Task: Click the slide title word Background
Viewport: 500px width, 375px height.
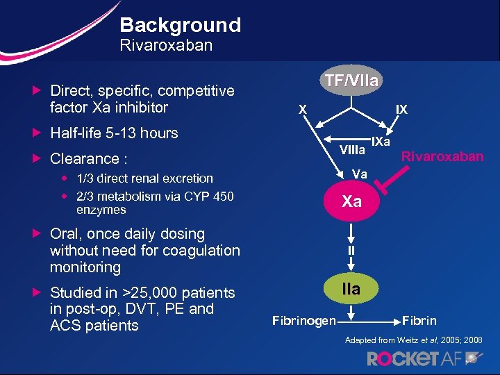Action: (x=180, y=26)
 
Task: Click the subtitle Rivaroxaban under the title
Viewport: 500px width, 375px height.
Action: (x=166, y=46)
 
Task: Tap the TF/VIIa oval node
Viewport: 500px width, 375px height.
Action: (x=352, y=81)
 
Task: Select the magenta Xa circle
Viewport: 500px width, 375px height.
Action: (x=351, y=201)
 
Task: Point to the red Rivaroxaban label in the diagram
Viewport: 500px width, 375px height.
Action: (x=443, y=156)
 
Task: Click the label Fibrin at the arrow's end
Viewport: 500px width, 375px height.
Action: (x=419, y=321)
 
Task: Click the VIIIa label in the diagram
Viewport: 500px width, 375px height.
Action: (x=352, y=150)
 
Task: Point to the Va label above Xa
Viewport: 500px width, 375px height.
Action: (x=359, y=174)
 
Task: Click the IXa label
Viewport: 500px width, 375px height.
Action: (x=381, y=142)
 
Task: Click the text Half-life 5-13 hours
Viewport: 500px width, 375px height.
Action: (x=114, y=133)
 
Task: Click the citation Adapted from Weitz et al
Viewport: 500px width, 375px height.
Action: (x=414, y=340)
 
